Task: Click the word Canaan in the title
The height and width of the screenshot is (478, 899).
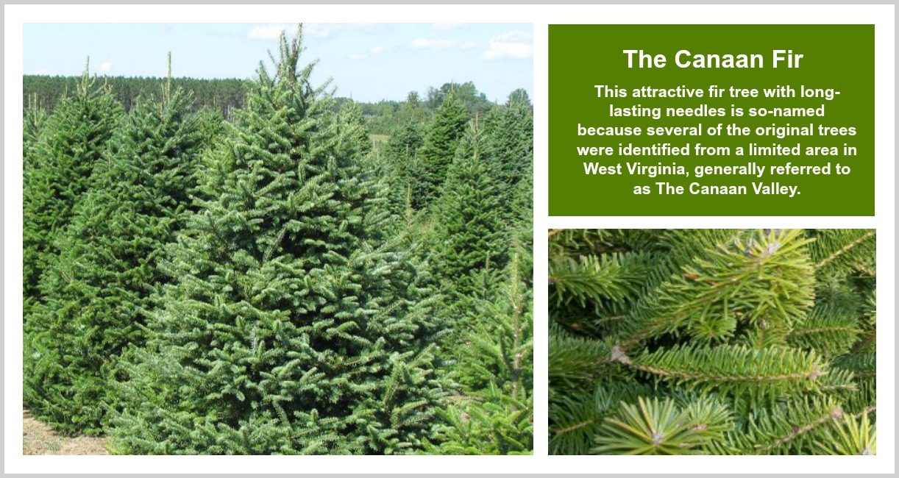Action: (x=719, y=60)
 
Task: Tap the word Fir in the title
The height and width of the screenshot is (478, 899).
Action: (x=786, y=60)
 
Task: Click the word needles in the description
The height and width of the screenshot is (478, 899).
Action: (x=697, y=111)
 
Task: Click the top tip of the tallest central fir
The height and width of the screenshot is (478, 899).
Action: (x=300, y=25)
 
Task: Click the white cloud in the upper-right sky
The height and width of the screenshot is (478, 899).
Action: (x=509, y=45)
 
